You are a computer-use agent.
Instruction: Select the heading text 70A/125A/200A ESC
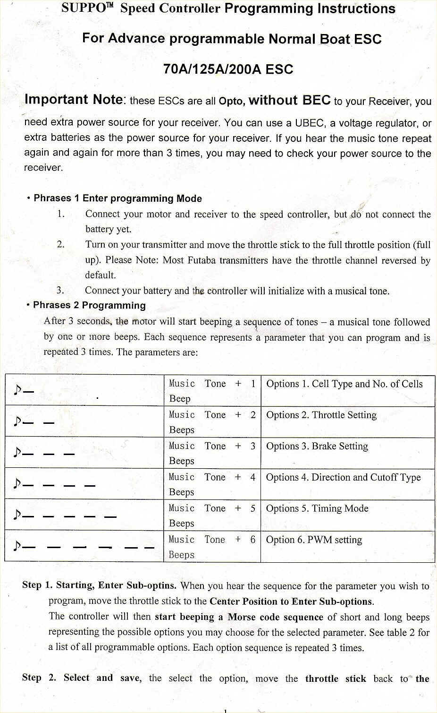pos(228,69)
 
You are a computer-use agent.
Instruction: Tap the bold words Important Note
pos(74,100)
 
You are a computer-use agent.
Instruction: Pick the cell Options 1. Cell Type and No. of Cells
pos(344,384)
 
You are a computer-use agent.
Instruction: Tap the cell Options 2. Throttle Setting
pos(321,415)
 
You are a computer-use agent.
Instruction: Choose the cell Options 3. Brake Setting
pos(317,447)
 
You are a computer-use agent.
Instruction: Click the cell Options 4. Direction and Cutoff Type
pos(343,478)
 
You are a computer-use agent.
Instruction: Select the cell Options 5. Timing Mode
pos(317,509)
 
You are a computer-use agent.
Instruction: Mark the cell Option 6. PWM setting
pos(314,540)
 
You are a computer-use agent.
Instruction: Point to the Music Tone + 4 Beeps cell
pos(212,484)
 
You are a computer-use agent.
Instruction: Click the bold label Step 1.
pos(37,585)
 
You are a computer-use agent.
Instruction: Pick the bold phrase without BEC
pos(289,100)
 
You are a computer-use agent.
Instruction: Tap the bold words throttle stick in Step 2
pos(335,679)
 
